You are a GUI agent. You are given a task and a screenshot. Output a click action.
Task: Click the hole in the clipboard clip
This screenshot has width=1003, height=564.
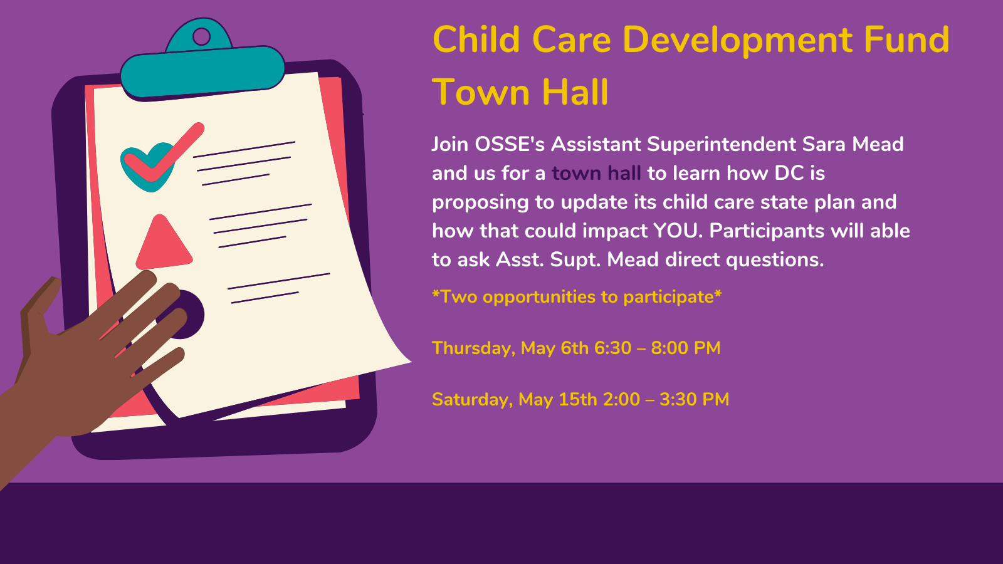201,37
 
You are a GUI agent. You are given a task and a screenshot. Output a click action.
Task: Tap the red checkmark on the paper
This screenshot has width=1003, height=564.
164,154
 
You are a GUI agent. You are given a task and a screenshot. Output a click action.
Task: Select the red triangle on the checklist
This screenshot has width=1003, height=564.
164,243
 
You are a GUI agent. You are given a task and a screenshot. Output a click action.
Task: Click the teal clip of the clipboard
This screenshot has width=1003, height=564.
202,63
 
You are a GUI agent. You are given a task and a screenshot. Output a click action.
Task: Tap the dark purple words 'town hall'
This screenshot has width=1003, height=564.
596,173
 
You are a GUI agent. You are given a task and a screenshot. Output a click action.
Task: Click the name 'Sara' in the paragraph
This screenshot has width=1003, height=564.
824,144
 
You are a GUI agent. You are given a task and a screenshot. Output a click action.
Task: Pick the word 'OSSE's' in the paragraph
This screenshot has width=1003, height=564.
510,144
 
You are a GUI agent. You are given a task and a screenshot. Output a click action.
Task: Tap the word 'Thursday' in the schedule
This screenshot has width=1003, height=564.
473,348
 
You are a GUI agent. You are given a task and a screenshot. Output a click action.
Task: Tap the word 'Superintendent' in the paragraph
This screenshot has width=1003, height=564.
722,145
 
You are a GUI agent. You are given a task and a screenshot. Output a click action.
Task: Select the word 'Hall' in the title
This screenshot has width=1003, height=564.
575,92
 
